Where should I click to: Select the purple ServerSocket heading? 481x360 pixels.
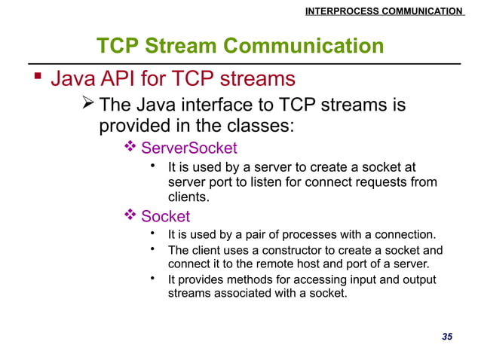pos(189,148)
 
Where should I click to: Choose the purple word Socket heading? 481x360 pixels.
pos(166,217)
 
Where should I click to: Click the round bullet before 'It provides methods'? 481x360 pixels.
pos(153,279)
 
